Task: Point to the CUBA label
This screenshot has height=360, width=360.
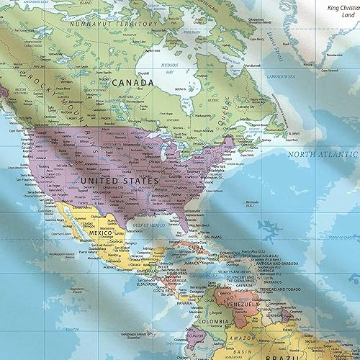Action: click(197, 248)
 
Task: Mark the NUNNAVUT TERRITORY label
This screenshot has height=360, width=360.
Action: click(114, 24)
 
